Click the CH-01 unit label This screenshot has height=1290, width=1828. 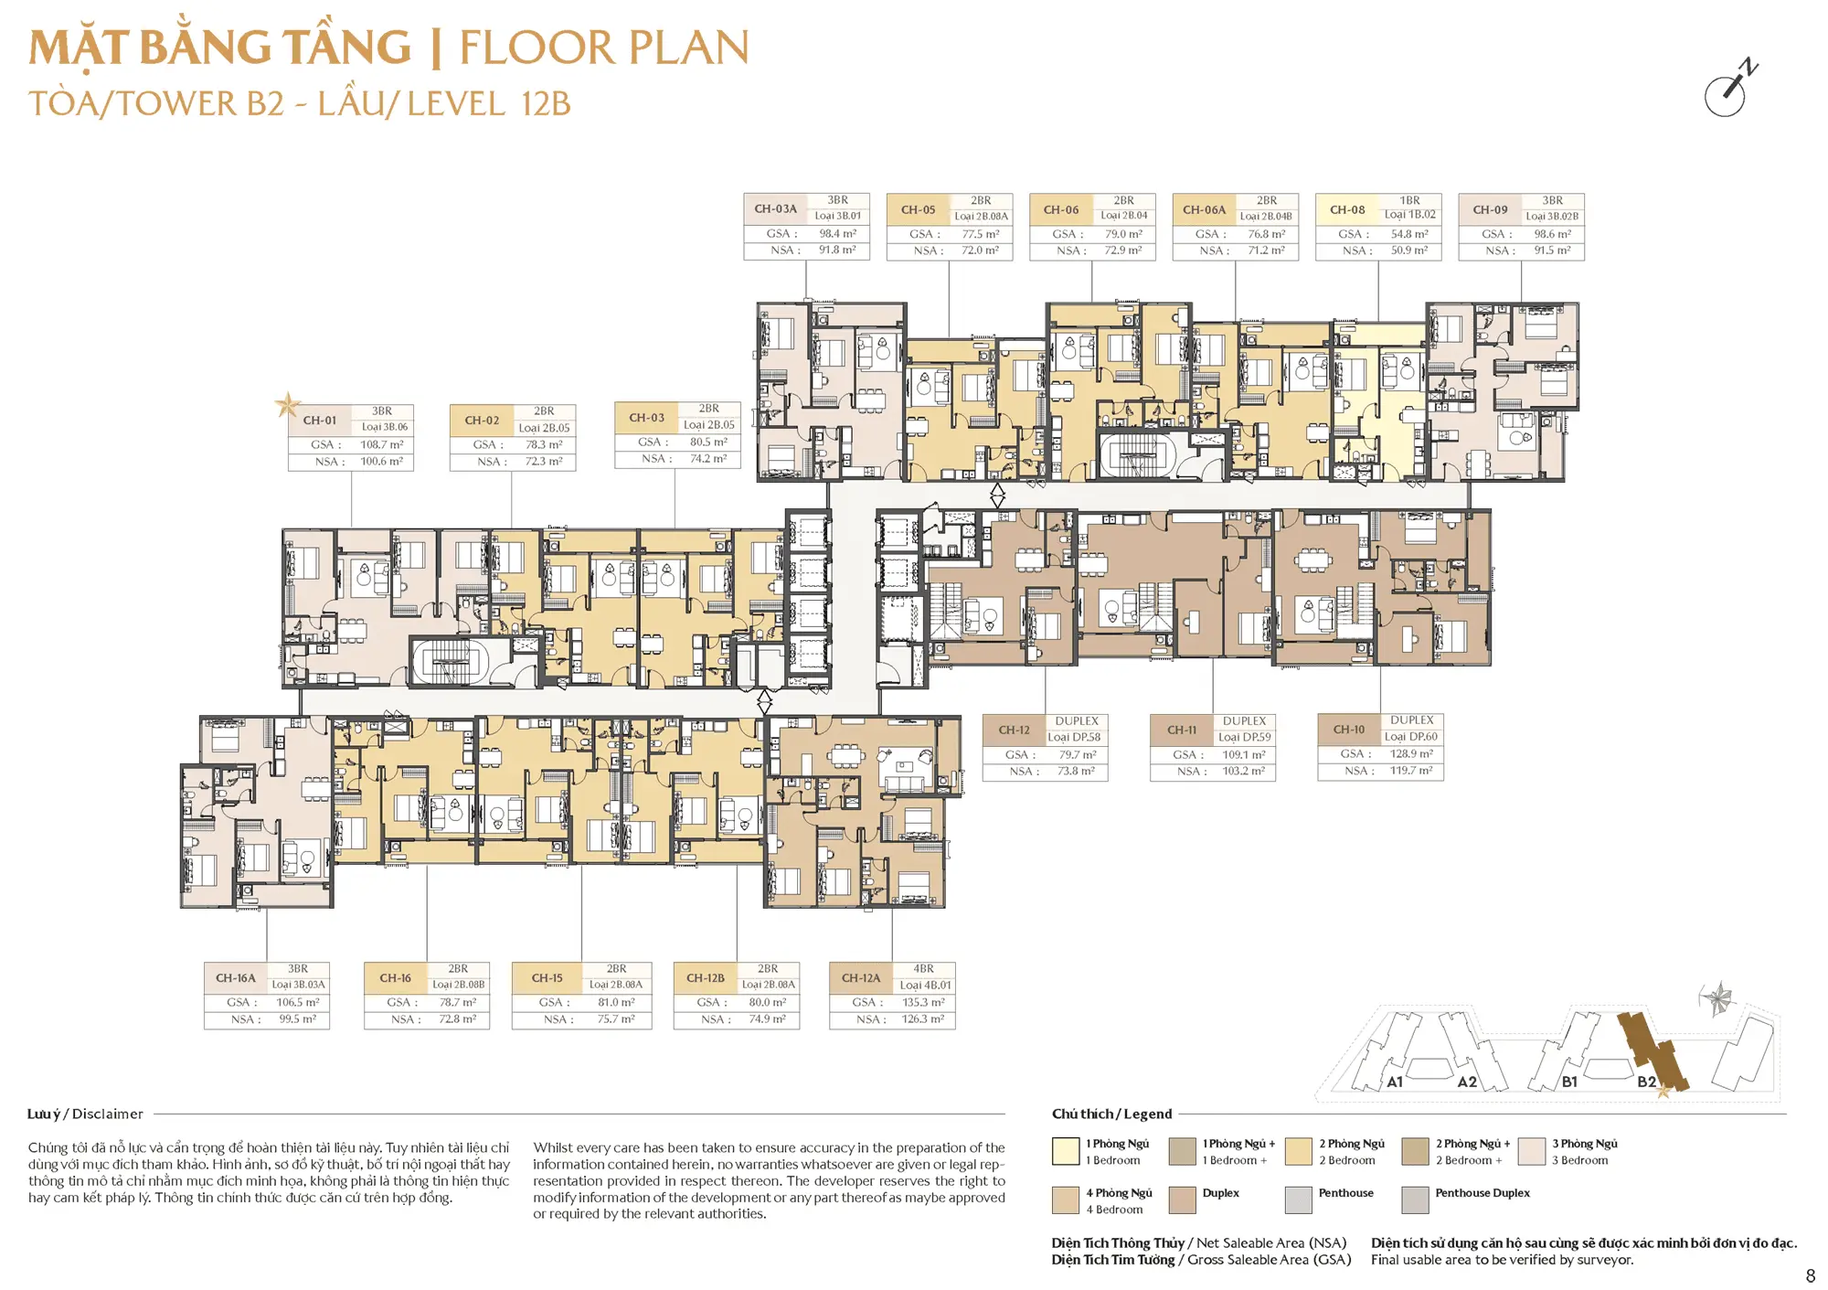coord(320,421)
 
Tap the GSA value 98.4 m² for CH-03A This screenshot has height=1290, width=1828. coord(837,234)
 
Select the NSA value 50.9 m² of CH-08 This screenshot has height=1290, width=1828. coord(1409,251)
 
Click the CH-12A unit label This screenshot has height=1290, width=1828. coord(861,978)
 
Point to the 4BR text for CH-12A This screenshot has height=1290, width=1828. coord(924,969)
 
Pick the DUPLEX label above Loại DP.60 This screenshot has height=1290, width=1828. coord(1412,720)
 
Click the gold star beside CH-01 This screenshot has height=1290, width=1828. coord(288,404)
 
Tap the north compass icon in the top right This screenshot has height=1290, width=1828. coord(1730,90)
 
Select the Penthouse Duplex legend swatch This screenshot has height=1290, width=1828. coord(1415,1199)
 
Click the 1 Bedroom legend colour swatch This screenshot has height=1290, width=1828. coord(1066,1151)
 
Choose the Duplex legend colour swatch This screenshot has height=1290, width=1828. coord(1182,1199)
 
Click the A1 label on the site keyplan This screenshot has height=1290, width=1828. coord(1395,1082)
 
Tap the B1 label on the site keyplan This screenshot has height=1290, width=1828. coord(1569,1082)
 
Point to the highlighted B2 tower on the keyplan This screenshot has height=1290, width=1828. coord(1653,1052)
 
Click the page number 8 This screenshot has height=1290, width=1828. coord(1811,1275)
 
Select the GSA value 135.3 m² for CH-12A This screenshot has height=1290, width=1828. coord(923,1003)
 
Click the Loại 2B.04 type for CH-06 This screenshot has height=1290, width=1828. coord(1124,216)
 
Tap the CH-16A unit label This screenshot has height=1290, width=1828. coord(235,978)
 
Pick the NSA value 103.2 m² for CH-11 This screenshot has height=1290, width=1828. coord(1244,772)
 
